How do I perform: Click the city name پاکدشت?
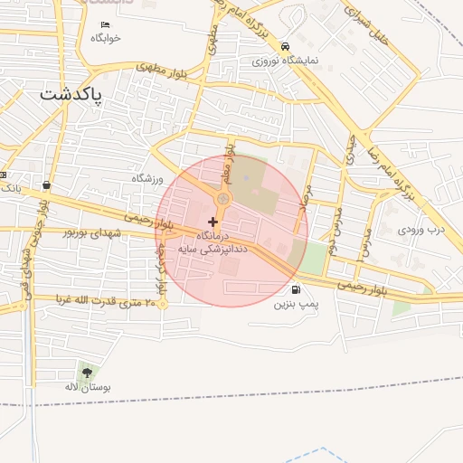pos(71,93)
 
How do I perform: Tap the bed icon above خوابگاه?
pos(105,24)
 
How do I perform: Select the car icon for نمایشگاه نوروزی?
pos(286,47)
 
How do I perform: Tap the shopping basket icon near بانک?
pos(46,185)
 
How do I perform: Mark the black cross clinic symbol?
pos(213,222)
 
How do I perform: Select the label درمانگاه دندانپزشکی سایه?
pos(213,241)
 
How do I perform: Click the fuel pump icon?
pos(297,290)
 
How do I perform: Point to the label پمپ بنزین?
pos(298,305)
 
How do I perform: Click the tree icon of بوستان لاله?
pos(87,372)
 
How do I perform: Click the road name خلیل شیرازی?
pos(368,18)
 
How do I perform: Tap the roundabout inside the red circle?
pos(222,199)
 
